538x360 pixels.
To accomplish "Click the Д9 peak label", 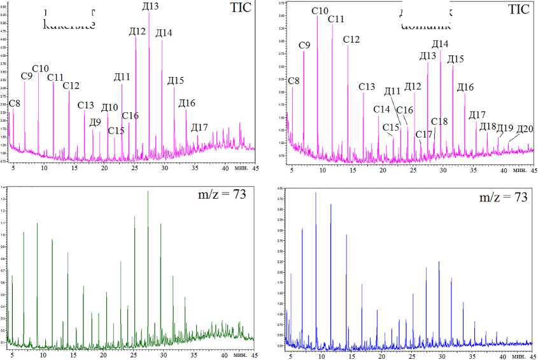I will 95,122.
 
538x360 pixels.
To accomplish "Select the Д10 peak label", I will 110,107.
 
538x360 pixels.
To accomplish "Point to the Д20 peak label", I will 525,129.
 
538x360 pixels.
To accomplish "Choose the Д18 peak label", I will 487,126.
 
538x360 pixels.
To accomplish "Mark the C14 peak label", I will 381,110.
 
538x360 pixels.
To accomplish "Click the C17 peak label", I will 423,134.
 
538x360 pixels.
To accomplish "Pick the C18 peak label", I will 439,122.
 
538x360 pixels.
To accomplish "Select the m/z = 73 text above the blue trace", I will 503,198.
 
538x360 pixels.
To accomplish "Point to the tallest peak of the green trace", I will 148,191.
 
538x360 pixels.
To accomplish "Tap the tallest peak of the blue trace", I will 315,193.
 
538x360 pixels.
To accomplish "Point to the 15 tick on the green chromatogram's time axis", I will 73,354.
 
